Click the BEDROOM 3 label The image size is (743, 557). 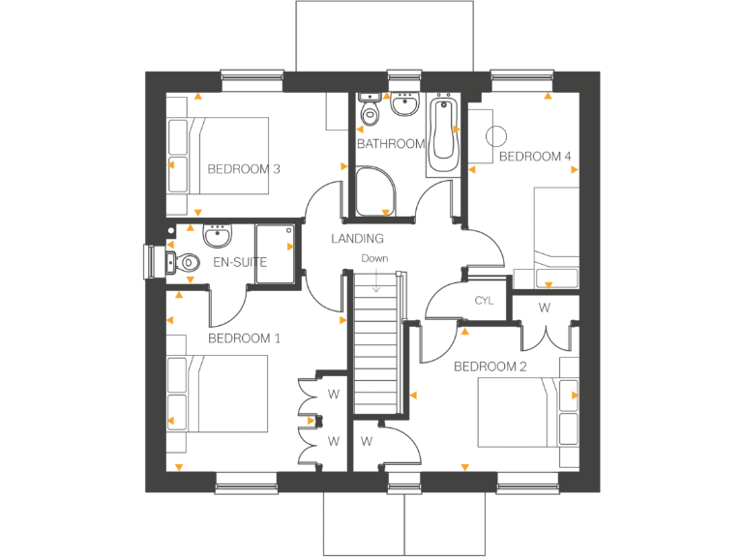click(x=244, y=169)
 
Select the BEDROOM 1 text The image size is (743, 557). click(x=244, y=338)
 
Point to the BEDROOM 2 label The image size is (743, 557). click(x=490, y=366)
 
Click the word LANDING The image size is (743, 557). click(x=357, y=238)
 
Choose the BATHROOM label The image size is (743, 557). click(x=390, y=144)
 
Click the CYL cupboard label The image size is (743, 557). click(x=484, y=301)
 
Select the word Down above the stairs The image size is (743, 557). click(x=374, y=258)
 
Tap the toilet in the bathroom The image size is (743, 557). click(x=369, y=112)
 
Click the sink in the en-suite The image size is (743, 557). click(x=218, y=235)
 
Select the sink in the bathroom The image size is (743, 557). click(x=404, y=103)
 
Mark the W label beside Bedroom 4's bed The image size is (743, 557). click(x=545, y=308)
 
